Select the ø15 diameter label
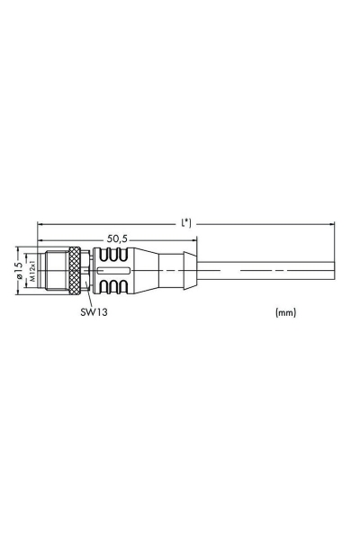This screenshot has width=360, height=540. [x=18, y=268]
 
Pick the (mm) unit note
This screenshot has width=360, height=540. [x=285, y=313]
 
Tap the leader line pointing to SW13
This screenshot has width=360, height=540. [x=88, y=297]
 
